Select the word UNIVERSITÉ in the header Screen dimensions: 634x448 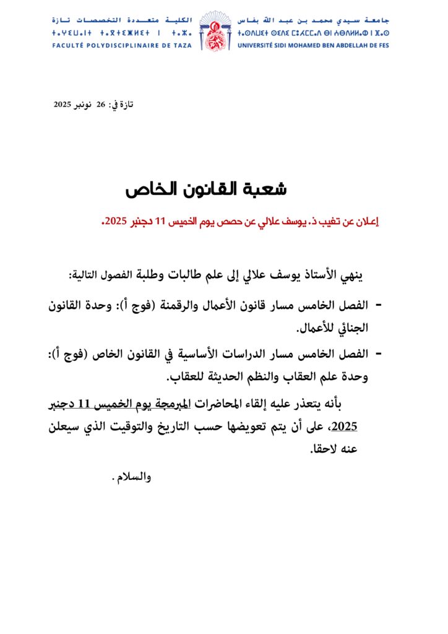[259, 45]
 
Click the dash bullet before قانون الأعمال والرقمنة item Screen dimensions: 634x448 [379, 304]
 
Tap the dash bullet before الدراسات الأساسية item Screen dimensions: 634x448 [379, 354]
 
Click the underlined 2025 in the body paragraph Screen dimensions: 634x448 [345, 427]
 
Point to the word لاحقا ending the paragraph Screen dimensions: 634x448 [324, 450]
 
